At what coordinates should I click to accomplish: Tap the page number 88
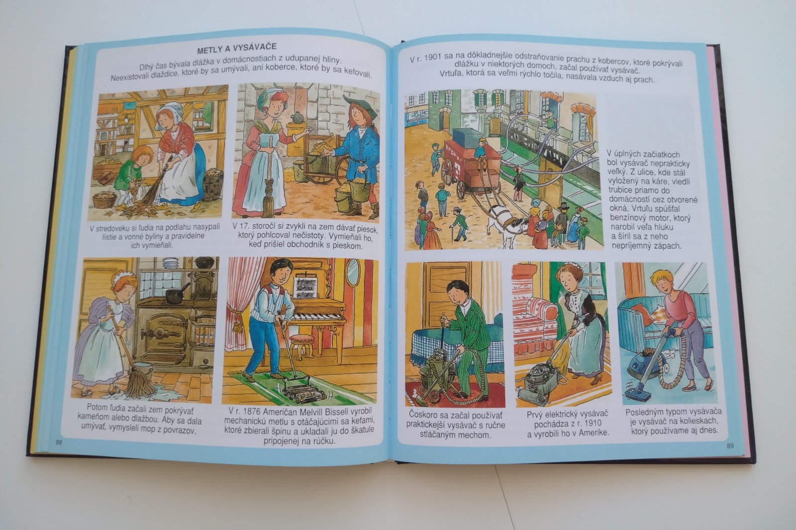(59, 442)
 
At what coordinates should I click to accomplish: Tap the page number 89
(730, 446)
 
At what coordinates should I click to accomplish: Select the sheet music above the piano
(305, 287)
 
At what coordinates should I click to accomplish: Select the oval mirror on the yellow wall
(353, 272)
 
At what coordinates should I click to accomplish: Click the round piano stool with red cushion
(302, 345)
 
